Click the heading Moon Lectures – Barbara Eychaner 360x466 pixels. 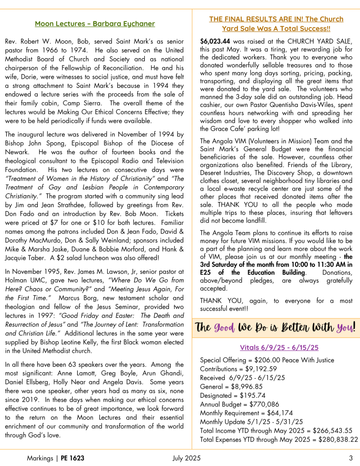tap(95, 24)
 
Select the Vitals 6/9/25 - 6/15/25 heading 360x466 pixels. tap(279, 347)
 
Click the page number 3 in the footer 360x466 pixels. tap(351, 458)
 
